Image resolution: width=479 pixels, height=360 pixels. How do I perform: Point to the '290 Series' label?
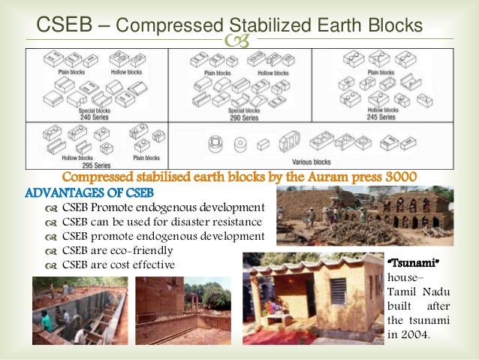(243, 117)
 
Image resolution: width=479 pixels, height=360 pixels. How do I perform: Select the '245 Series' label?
(381, 117)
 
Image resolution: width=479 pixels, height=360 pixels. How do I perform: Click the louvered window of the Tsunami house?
(339, 289)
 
